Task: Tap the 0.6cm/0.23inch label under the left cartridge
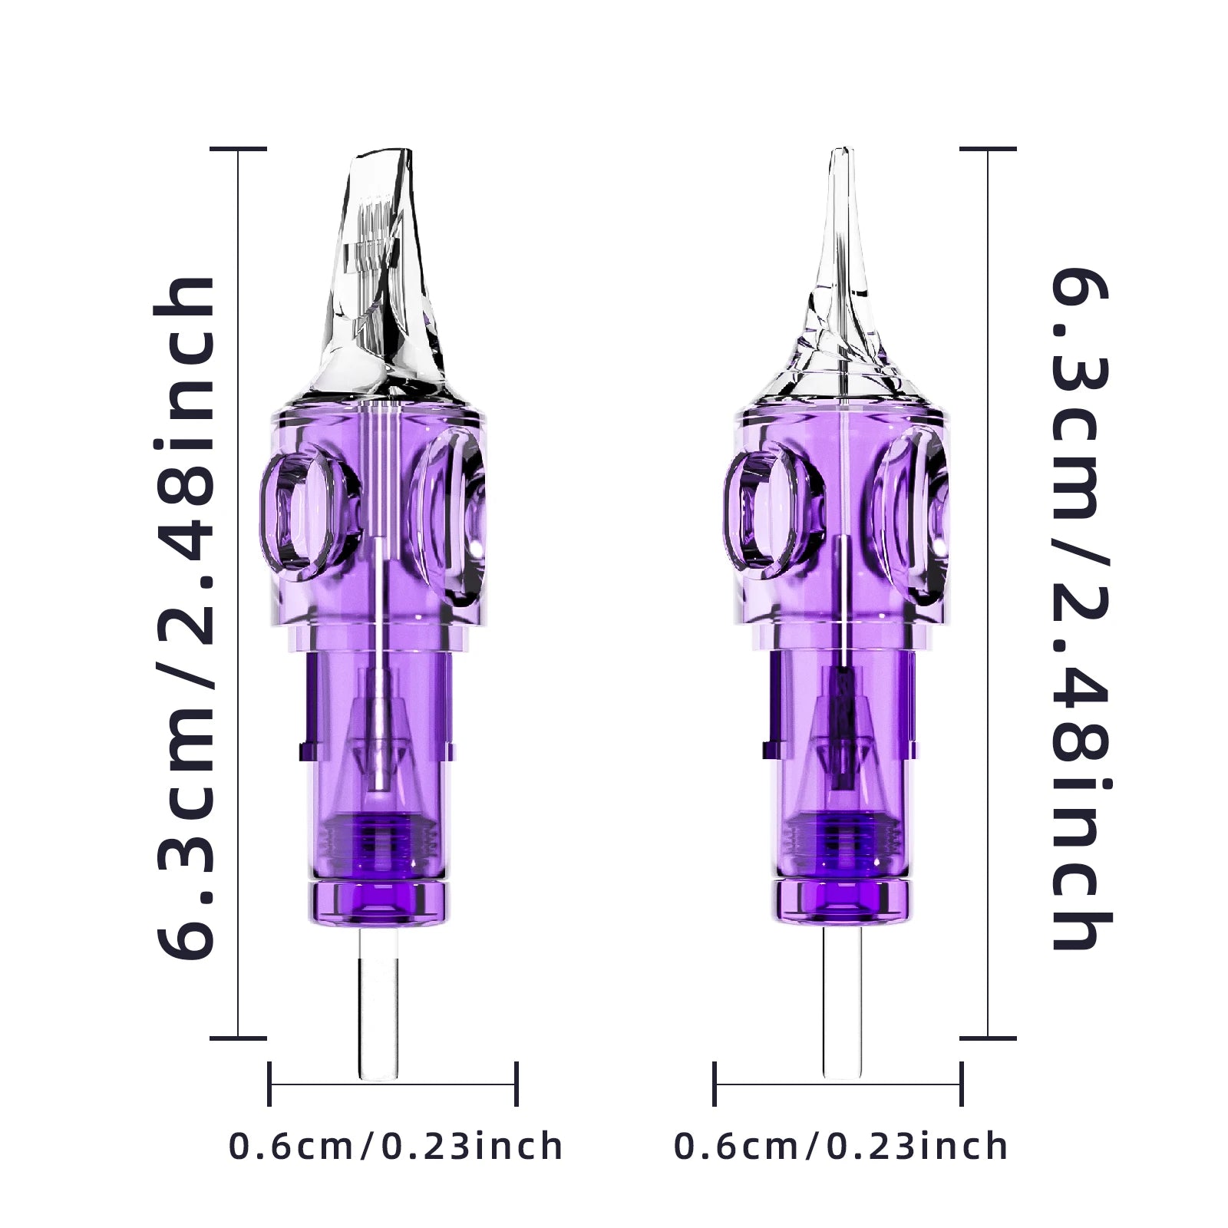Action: [396, 1147]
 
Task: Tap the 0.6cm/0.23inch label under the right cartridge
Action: [841, 1147]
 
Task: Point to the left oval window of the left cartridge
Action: [301, 510]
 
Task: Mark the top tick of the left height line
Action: [239, 149]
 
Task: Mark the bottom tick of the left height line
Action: [239, 1038]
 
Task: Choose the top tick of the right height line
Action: [988, 149]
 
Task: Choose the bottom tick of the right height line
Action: [988, 1038]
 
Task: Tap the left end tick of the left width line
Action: [269, 1084]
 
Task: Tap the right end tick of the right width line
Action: [962, 1084]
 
